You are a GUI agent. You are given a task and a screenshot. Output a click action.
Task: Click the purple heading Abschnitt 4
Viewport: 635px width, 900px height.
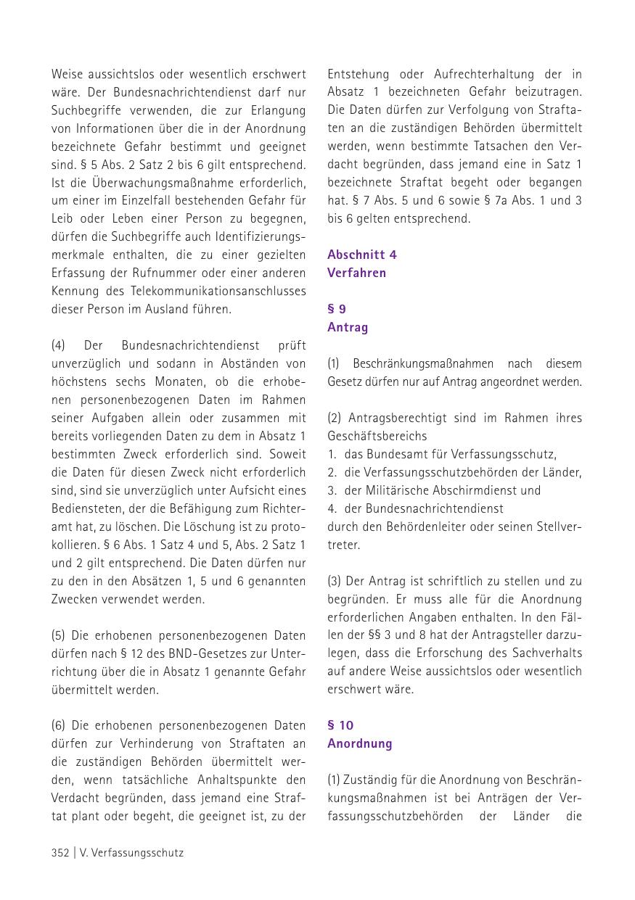(361, 255)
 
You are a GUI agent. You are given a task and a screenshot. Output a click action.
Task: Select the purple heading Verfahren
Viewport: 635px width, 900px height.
(356, 273)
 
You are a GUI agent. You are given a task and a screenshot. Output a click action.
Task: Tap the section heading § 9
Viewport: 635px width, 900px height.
(337, 309)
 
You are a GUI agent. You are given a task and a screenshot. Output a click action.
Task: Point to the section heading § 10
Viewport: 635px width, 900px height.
(340, 725)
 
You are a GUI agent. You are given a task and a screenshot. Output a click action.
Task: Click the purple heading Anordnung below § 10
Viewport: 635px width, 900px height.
(359, 743)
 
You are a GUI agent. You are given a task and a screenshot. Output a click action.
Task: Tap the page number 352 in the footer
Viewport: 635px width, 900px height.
(60, 853)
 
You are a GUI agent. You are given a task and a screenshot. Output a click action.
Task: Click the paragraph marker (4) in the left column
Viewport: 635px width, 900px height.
(59, 345)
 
